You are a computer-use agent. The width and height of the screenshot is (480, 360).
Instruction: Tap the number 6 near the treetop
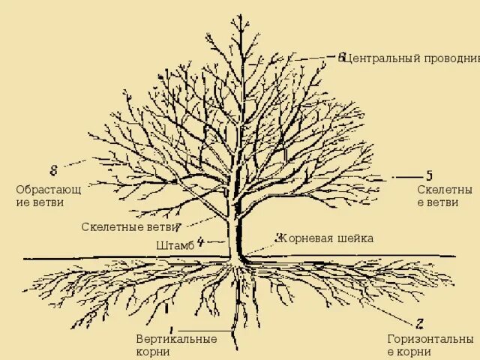click(x=340, y=57)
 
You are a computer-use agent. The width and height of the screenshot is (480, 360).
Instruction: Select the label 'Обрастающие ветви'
click(x=48, y=196)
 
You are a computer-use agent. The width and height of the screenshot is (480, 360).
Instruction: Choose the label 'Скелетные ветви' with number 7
click(x=129, y=226)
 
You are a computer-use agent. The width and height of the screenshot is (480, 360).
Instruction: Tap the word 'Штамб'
click(x=175, y=244)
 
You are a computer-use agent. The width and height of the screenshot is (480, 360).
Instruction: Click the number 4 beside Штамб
click(x=201, y=242)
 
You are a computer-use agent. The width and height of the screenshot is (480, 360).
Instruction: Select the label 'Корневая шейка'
click(x=327, y=238)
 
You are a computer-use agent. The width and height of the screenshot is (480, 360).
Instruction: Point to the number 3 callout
click(x=278, y=238)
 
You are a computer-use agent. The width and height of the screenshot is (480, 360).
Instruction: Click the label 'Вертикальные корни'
click(x=176, y=345)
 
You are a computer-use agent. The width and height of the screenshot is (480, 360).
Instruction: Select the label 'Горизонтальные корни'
click(x=430, y=345)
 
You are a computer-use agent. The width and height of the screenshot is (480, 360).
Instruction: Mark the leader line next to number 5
click(x=409, y=177)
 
